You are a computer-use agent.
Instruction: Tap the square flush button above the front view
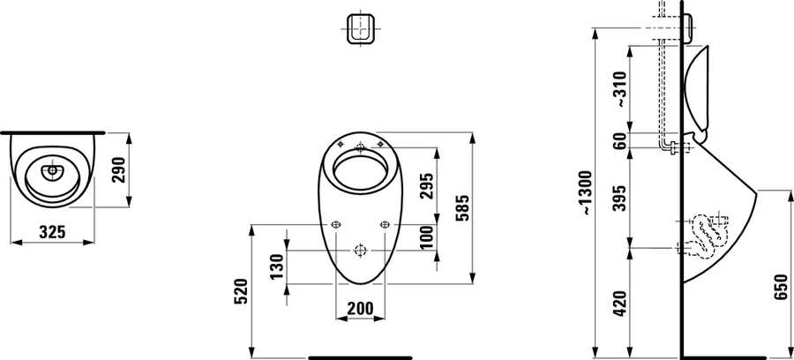coord(359,28)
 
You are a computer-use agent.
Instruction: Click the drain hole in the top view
coord(51,170)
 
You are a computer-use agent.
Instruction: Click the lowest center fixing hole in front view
coord(359,249)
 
